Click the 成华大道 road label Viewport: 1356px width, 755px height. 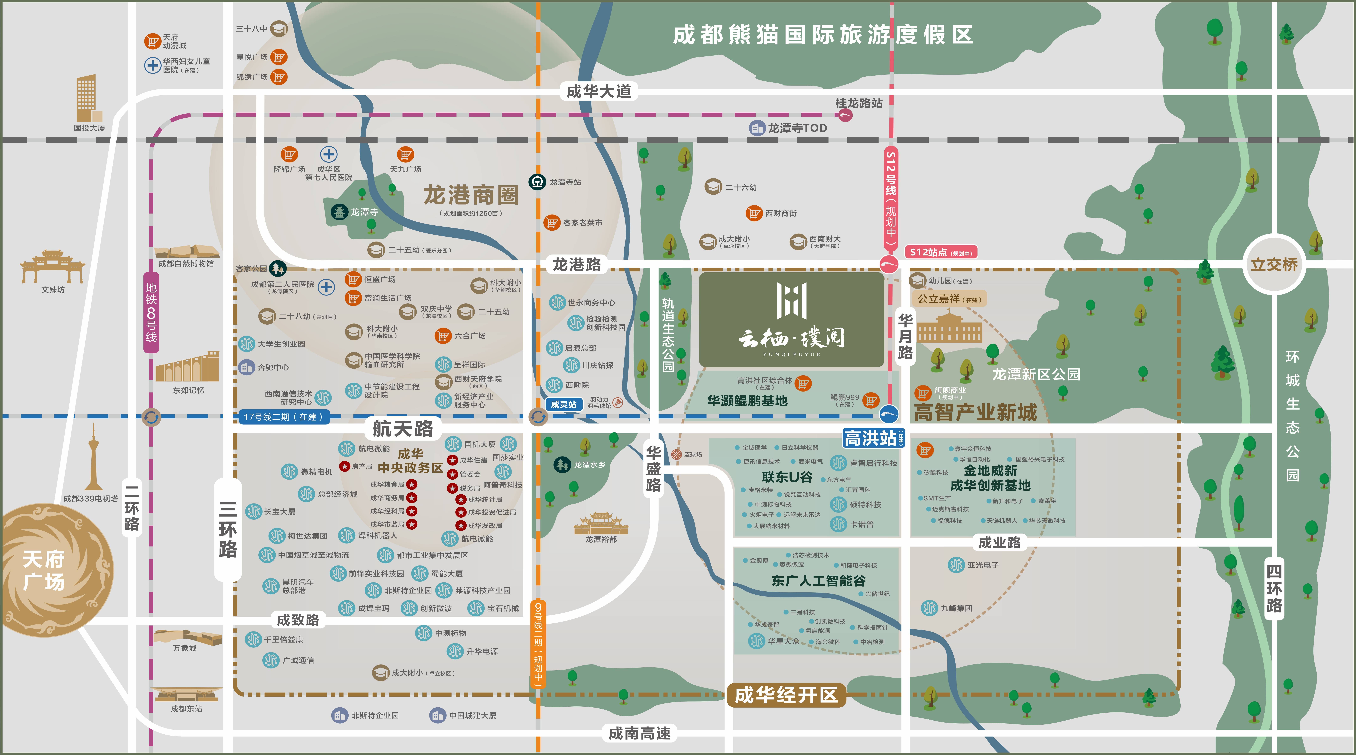[x=598, y=92]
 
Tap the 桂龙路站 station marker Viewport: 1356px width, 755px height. [x=845, y=115]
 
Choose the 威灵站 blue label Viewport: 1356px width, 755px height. [x=563, y=404]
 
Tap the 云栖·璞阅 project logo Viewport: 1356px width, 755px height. [x=791, y=319]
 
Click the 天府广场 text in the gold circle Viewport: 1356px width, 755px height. [x=44, y=570]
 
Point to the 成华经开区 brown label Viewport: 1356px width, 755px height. [x=786, y=695]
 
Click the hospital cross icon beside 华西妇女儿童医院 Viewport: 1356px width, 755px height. [x=153, y=65]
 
